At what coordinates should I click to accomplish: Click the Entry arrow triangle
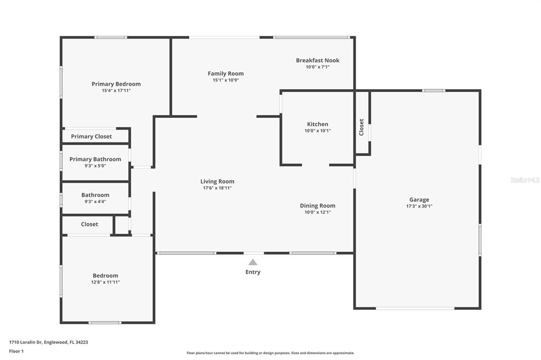click(x=253, y=262)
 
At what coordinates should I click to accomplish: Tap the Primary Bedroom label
click(x=116, y=84)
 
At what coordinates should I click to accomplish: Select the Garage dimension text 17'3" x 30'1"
click(x=419, y=206)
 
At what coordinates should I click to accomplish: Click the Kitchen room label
click(x=318, y=124)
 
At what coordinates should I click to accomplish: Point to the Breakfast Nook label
click(x=318, y=60)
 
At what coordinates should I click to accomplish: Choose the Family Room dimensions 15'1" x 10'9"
click(x=226, y=80)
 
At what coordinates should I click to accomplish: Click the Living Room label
click(x=217, y=182)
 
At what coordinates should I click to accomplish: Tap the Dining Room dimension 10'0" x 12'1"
click(x=318, y=212)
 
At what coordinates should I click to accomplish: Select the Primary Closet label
click(x=91, y=137)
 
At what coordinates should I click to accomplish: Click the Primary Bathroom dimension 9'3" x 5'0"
click(x=95, y=166)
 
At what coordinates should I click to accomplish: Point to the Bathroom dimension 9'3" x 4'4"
click(x=95, y=202)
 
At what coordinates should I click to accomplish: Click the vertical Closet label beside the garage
click(x=361, y=127)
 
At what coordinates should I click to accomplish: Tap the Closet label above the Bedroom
click(x=89, y=224)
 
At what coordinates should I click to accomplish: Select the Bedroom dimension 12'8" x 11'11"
click(x=106, y=282)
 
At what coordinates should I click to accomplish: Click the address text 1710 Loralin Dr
click(x=25, y=343)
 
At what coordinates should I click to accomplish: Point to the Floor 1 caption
click(x=16, y=352)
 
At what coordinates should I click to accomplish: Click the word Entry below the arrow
click(x=253, y=272)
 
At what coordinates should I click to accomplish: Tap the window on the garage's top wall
click(x=434, y=91)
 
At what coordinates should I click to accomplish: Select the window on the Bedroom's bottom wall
click(x=105, y=323)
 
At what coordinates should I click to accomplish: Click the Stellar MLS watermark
click(x=525, y=180)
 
